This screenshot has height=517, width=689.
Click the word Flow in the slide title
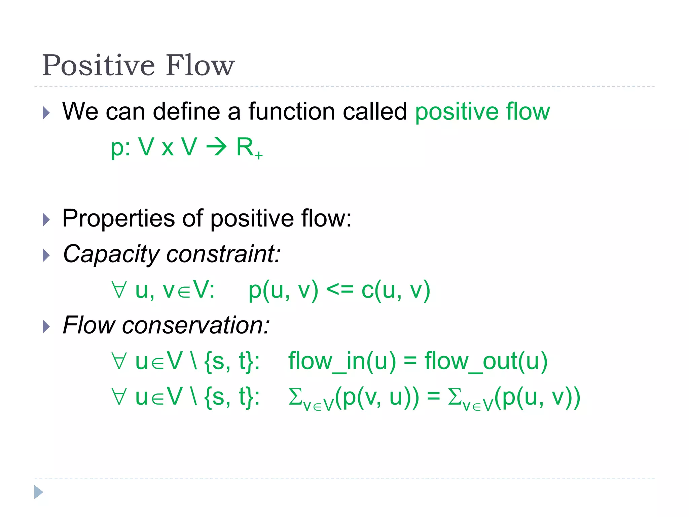point(200,65)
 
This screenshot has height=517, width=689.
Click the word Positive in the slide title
point(98,65)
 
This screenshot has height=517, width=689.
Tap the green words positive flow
point(482,112)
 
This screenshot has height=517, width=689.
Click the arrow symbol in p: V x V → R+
point(216,147)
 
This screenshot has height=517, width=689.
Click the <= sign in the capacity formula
point(339,290)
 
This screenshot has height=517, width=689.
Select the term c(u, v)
point(396,290)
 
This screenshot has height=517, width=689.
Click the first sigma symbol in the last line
point(295,398)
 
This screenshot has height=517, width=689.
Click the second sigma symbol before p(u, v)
point(455,398)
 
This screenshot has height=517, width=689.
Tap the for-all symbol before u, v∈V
point(119,290)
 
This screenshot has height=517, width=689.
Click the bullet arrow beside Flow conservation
point(46,326)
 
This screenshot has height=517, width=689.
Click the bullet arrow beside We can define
point(46,113)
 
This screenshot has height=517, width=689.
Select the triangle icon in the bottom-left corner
point(38,492)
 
